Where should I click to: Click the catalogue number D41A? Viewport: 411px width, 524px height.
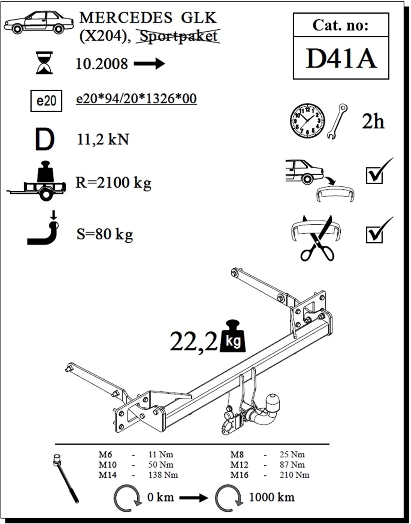pos(341,58)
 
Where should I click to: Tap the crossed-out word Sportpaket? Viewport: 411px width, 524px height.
pos(178,36)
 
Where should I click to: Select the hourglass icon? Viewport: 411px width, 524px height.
pos(44,63)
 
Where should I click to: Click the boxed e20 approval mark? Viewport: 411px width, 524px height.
pos(46,101)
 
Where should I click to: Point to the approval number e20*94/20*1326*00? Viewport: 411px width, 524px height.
pos(136,99)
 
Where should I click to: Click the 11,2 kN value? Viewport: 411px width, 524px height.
pos(103,139)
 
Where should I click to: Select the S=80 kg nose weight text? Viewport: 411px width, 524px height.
pos(105,234)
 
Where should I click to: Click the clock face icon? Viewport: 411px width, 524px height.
pos(307,121)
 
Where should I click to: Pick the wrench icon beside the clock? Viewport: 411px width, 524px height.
pos(337,121)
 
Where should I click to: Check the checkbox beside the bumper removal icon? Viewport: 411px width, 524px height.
pos(374,176)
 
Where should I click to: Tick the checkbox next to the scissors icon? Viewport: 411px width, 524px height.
pos(374,234)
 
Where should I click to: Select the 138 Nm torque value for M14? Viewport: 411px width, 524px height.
pos(163,475)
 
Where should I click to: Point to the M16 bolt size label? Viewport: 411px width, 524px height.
pos(239,475)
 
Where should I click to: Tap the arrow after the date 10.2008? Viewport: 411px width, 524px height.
pos(149,64)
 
